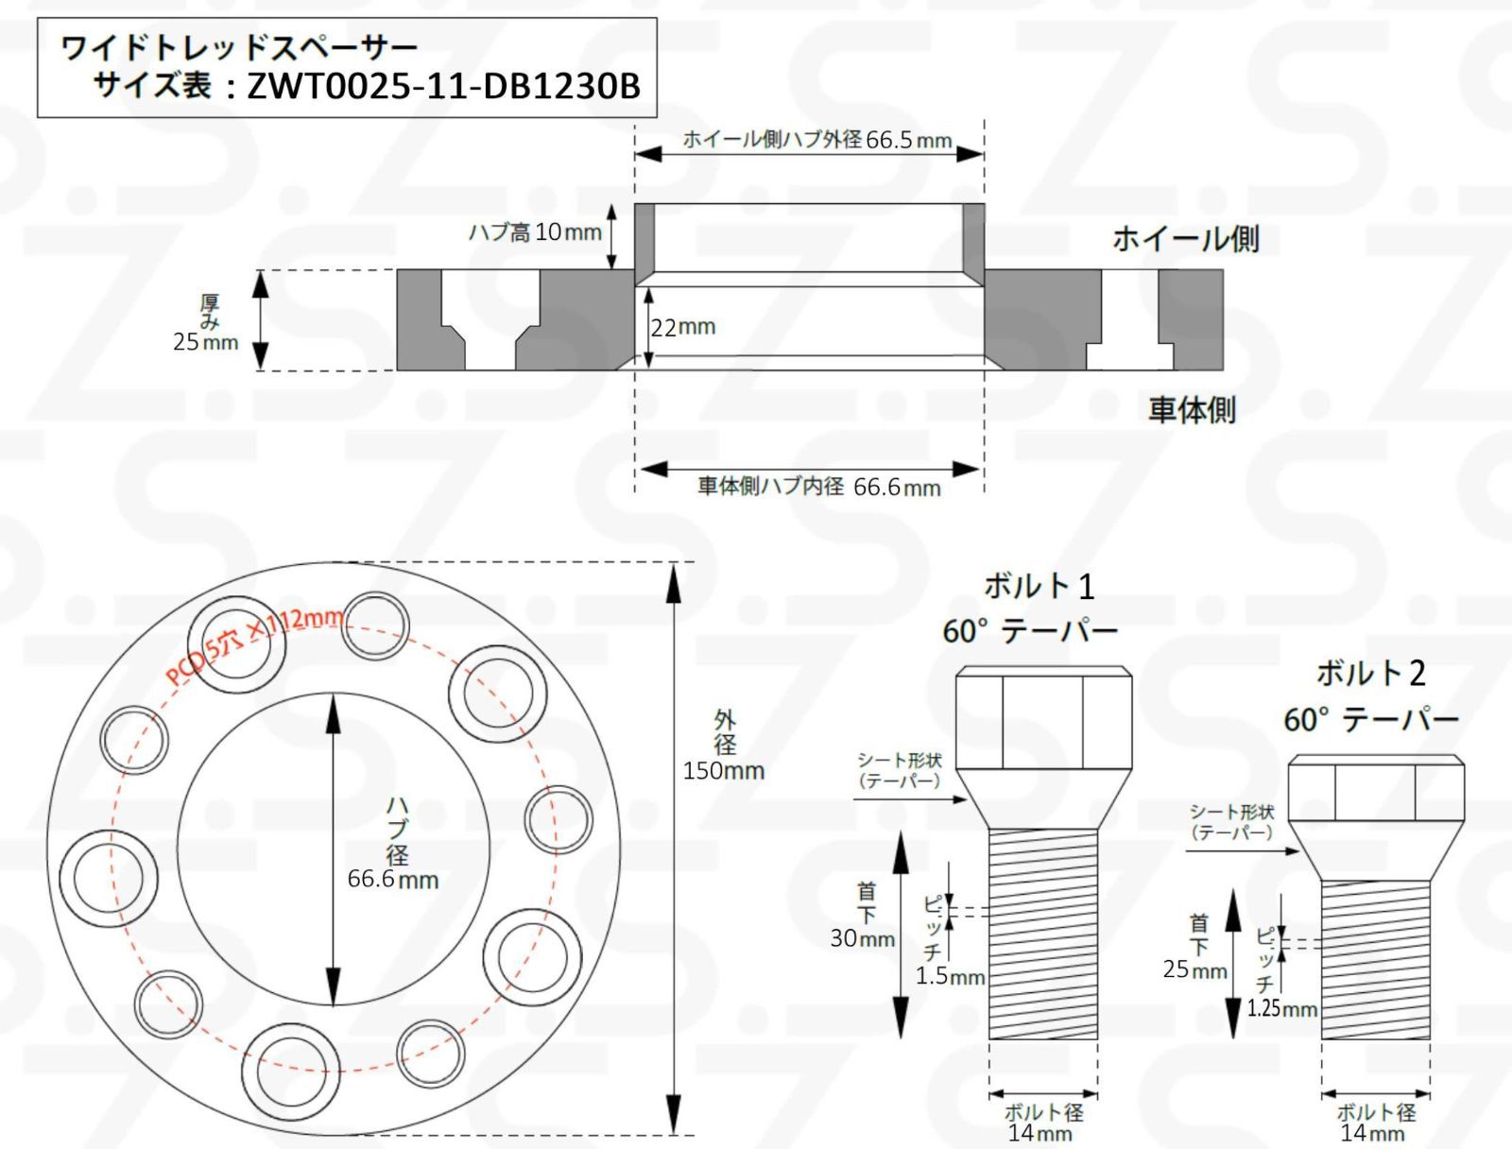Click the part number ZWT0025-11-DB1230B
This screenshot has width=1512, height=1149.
(443, 86)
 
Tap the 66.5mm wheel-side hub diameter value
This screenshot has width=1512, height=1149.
(908, 141)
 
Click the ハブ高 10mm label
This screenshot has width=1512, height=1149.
(535, 232)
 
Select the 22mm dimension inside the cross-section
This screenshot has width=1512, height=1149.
(683, 327)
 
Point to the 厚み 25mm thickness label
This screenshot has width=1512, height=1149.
(206, 324)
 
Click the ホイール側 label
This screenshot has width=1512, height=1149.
(1185, 239)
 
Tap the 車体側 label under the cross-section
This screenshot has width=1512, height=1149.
(1192, 410)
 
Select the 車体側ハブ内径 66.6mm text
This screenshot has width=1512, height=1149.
(818, 488)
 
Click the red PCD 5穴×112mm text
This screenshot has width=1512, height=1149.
(255, 645)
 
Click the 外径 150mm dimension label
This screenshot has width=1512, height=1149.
(724, 746)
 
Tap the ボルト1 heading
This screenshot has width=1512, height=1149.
(1039, 587)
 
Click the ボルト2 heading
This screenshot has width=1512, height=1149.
(1370, 674)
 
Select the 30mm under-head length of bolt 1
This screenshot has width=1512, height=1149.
(862, 938)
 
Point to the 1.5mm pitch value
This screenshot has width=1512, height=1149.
(950, 976)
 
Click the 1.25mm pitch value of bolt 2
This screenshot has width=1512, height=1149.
(1281, 1008)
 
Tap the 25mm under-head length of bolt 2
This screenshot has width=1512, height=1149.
(1194, 970)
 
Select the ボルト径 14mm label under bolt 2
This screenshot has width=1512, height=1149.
(1375, 1123)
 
